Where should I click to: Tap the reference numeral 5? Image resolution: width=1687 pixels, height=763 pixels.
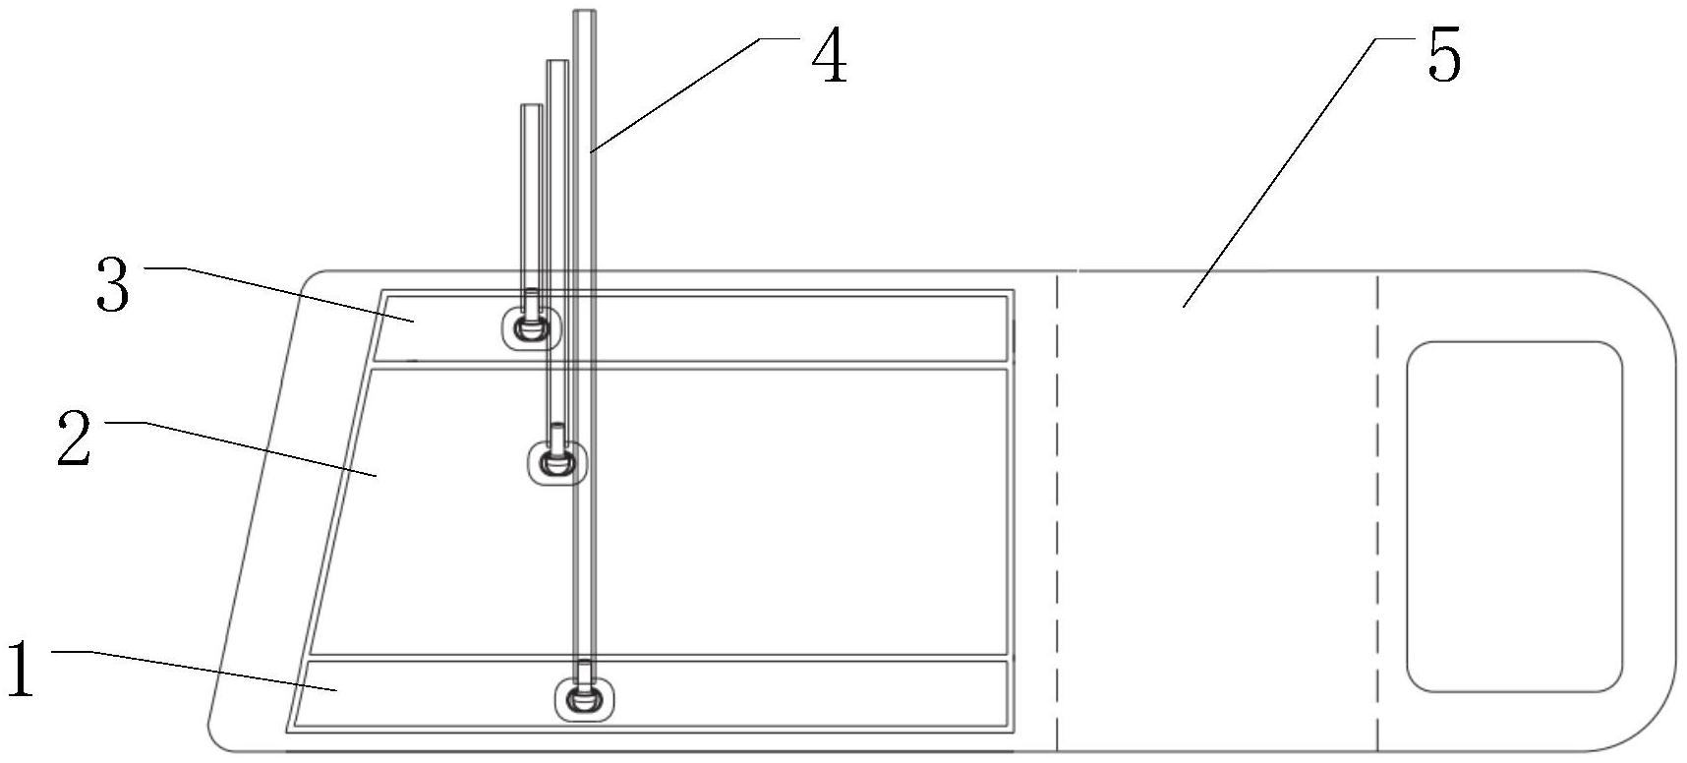[x=1443, y=56]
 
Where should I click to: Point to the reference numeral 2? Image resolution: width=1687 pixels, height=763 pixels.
[x=73, y=440]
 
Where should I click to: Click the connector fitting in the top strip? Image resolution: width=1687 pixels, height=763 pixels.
[x=531, y=326]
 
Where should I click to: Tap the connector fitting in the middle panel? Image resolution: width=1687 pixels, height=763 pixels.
[x=557, y=460]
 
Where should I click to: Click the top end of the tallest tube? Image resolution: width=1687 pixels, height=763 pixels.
[x=585, y=14]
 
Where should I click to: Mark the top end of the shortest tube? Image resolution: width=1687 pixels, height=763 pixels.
[x=531, y=107]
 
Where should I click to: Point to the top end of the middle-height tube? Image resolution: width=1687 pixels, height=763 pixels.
[x=557, y=64]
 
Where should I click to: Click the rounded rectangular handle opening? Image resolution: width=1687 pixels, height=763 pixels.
[x=1514, y=516]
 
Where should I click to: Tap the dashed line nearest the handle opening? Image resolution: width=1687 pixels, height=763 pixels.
[x=1377, y=511]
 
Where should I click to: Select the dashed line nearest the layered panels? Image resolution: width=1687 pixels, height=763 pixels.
[x=1058, y=511]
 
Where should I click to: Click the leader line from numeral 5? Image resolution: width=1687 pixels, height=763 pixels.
[x=1278, y=172]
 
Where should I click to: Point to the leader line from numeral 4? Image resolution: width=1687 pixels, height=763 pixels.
[x=678, y=94]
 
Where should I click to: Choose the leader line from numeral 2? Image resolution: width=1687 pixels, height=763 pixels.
[x=256, y=448]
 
